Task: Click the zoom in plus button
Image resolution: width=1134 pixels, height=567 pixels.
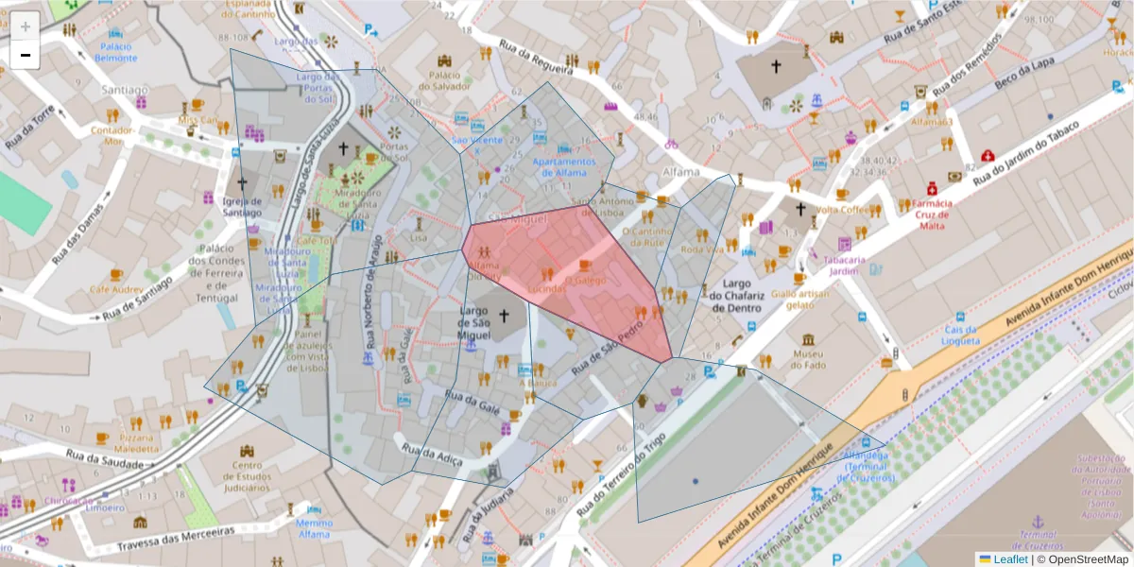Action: [25, 26]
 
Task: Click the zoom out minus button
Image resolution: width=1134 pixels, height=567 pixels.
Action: [25, 55]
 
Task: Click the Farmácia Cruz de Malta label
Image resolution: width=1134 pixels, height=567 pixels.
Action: [933, 214]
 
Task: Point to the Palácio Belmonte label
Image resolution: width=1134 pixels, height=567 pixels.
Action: [116, 52]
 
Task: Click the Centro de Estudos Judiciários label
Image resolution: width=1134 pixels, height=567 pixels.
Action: [248, 475]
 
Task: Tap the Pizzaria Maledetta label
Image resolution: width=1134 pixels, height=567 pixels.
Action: [137, 443]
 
